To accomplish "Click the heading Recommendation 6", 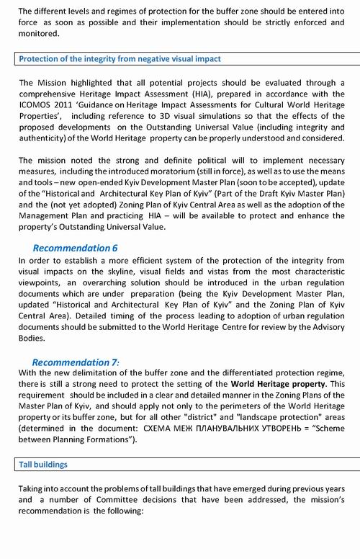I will click(75, 248).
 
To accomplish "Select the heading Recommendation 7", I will click(75, 362).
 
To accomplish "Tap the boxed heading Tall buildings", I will click(43, 465).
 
